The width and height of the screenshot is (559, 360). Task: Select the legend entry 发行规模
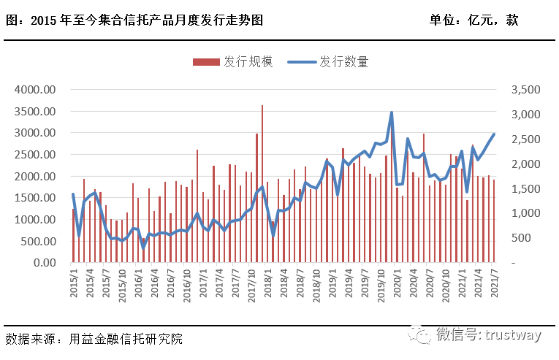233,62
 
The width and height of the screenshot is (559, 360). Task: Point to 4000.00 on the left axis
36,90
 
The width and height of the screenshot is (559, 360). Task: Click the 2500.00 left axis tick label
36,155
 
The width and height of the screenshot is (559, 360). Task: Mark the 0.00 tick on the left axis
46,263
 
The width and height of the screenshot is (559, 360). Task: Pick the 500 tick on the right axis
517,238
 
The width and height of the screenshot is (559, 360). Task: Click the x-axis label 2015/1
74,281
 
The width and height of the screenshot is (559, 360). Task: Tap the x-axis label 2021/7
495,281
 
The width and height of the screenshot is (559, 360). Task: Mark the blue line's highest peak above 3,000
392,112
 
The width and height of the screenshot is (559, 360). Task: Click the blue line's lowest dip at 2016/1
143,248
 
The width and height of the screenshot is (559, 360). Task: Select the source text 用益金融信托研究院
126,339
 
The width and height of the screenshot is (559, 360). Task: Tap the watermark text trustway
512,335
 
